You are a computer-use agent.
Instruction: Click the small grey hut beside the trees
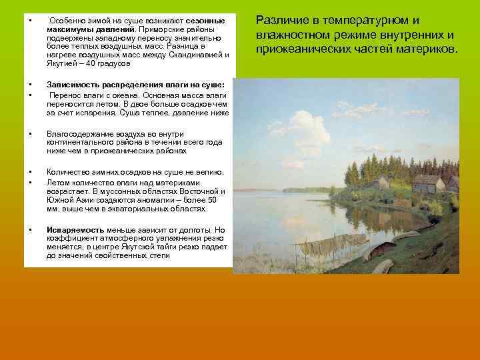(x=382, y=182)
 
